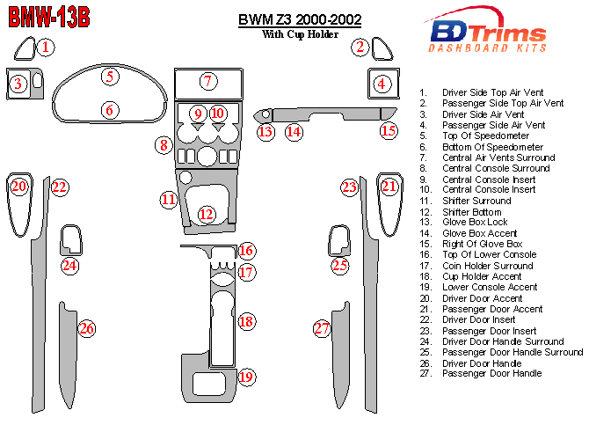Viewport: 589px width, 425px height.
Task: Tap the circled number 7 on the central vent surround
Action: click(x=207, y=82)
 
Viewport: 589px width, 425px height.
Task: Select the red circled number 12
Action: click(x=206, y=214)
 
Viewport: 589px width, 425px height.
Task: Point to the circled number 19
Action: click(x=246, y=377)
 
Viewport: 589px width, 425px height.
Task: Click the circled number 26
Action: click(x=86, y=329)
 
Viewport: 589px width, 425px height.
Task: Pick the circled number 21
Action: click(x=389, y=186)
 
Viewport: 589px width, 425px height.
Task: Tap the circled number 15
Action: click(x=389, y=131)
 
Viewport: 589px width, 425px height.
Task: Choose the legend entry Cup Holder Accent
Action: click(x=482, y=276)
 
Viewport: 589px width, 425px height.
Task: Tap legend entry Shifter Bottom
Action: click(x=474, y=211)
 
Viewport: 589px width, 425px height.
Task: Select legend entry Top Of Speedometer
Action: click(x=486, y=136)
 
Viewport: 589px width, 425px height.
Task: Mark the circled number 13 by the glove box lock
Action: click(x=265, y=131)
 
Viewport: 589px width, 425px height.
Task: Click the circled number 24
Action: click(x=69, y=265)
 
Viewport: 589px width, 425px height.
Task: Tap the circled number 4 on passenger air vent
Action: click(x=382, y=84)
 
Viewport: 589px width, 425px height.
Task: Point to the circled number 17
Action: click(x=247, y=272)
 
